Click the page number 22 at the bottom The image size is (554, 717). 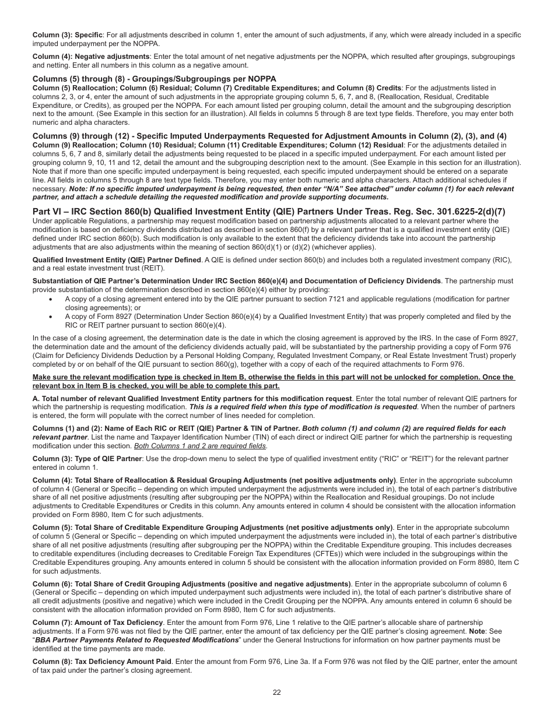tap(276, 693)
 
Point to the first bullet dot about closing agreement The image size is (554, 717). tap(51, 299)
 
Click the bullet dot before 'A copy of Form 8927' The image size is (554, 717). tap(51, 317)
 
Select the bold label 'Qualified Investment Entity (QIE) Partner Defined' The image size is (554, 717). tap(117, 260)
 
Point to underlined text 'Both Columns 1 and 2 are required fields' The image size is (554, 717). tap(200, 446)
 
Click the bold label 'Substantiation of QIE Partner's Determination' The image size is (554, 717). tap(236, 281)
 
